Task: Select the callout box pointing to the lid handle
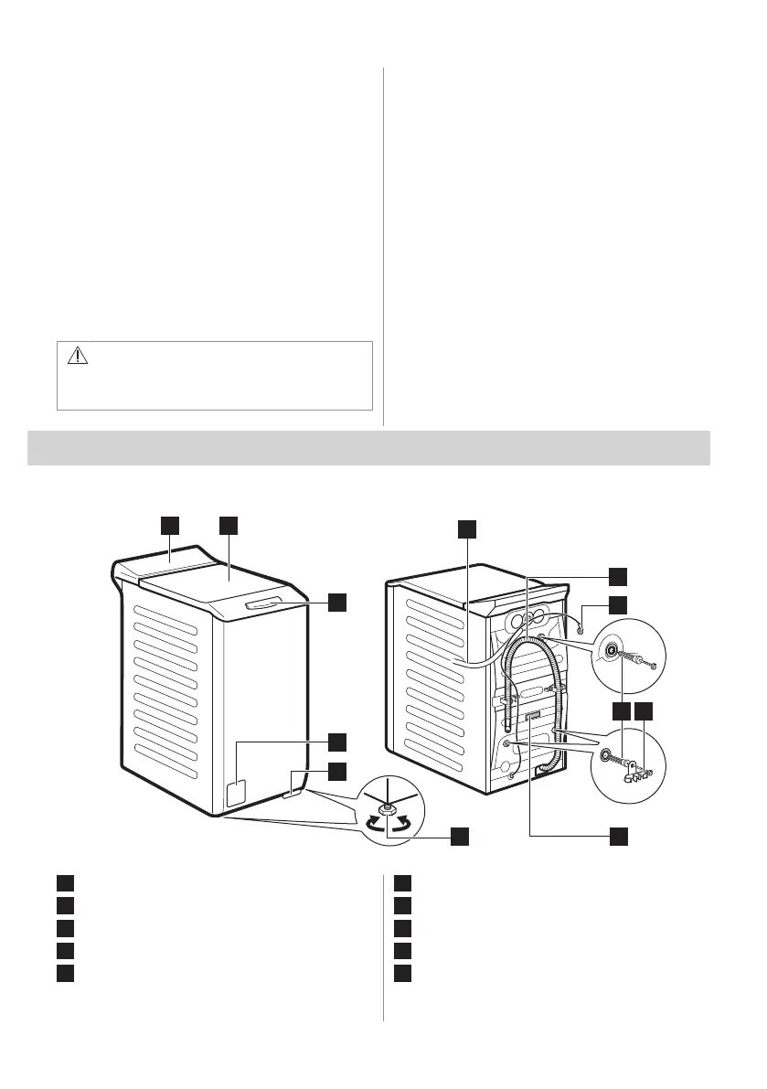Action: point(337,601)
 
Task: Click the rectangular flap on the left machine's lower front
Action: point(236,793)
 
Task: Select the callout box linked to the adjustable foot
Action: point(459,835)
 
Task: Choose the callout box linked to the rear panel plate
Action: point(619,835)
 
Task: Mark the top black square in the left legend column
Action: point(63,883)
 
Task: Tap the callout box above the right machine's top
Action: point(467,528)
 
